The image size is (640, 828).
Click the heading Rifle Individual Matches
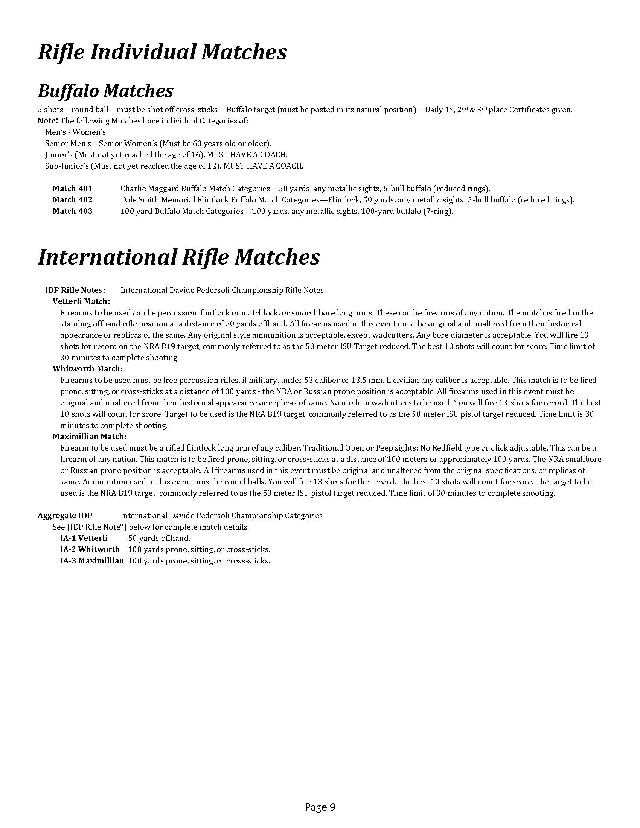pos(162,52)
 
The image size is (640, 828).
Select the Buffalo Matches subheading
pos(106,91)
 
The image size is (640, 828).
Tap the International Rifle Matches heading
pos(179,257)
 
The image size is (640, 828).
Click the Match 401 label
pos(72,189)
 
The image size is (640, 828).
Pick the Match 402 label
pos(72,200)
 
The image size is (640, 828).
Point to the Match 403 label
pos(72,211)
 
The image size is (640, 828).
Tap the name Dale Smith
pos(138,200)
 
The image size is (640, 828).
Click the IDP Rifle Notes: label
pos(75,291)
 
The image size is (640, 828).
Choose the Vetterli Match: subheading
pos(82,301)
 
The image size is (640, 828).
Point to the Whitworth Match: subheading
pos(88,369)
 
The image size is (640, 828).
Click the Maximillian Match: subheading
pos(90,437)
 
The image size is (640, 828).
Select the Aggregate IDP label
pos(65,516)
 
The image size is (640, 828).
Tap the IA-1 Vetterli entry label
pos(84,538)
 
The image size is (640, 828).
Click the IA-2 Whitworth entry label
pos(90,549)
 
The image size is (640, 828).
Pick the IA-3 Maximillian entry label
pos(92,561)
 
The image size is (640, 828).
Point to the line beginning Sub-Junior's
pos(174,166)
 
